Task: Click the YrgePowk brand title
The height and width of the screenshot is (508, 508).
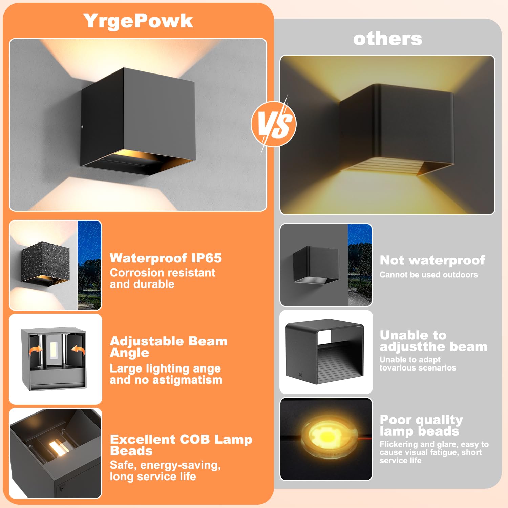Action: click(x=138, y=21)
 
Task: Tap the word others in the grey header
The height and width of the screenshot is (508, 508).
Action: click(x=387, y=39)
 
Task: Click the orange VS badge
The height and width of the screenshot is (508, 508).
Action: click(x=274, y=124)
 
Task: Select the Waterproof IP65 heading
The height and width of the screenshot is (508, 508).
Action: click(x=166, y=258)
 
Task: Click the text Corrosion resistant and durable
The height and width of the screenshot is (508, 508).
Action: click(x=162, y=278)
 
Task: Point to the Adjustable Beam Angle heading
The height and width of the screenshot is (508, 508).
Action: click(x=168, y=346)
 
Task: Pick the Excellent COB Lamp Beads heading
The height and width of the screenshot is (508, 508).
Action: click(x=181, y=445)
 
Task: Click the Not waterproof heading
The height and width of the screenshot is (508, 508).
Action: click(x=432, y=260)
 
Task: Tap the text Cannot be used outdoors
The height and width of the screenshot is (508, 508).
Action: click(x=428, y=275)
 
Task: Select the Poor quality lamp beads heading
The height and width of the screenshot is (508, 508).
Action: click(x=421, y=425)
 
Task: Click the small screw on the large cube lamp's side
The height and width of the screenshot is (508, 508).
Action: click(x=82, y=127)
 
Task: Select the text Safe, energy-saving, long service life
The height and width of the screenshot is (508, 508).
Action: click(x=165, y=471)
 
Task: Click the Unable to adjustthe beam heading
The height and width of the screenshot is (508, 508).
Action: click(x=433, y=341)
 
